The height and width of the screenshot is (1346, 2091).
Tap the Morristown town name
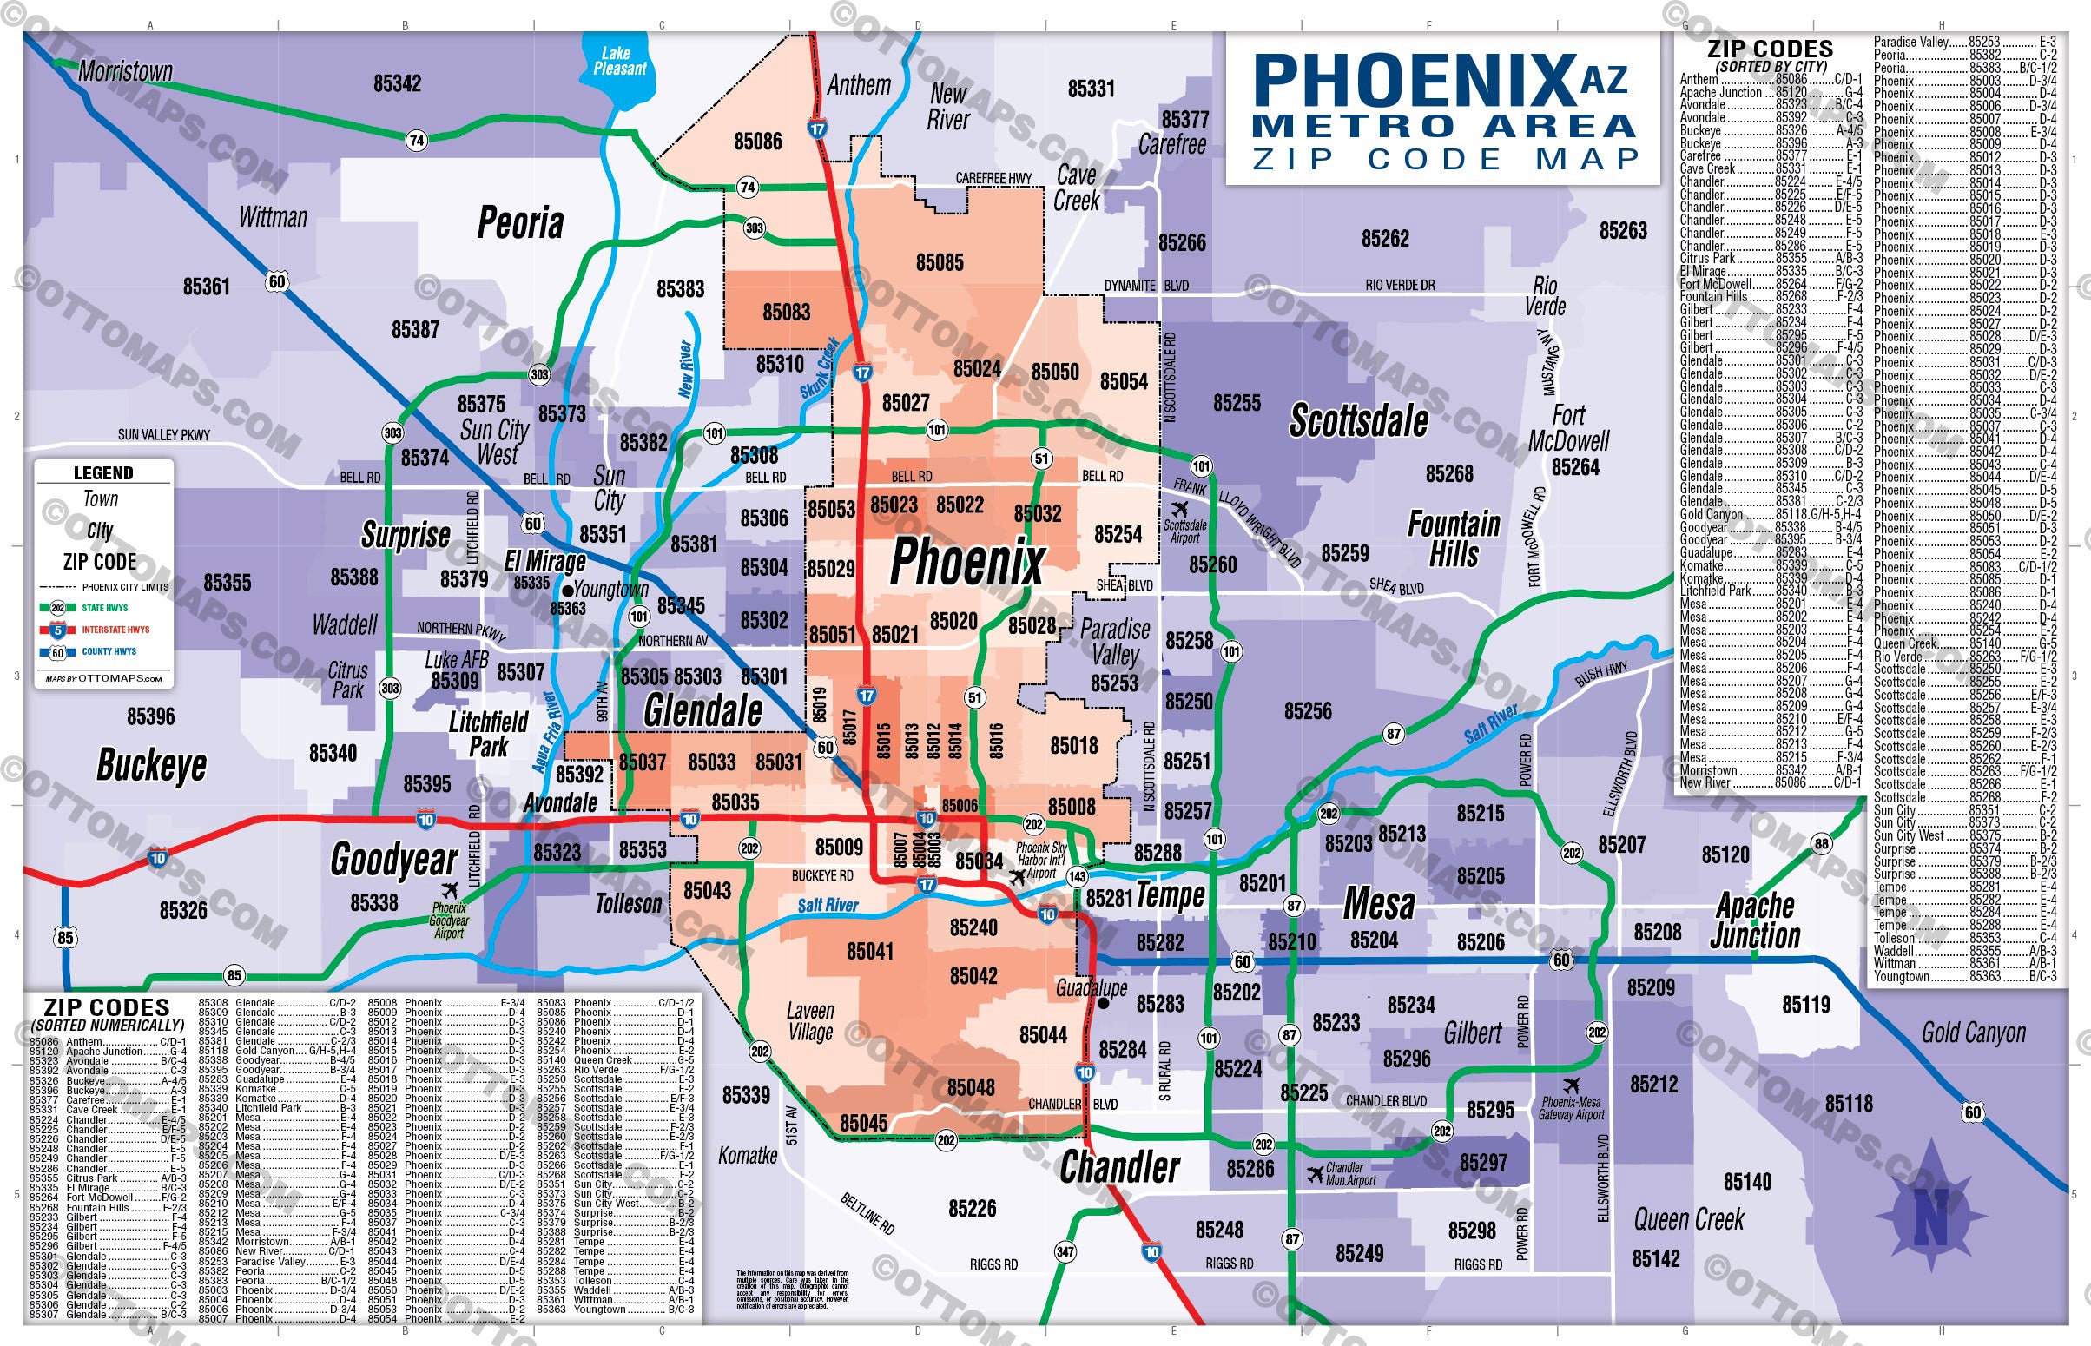(x=125, y=71)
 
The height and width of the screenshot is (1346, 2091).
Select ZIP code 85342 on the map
(x=398, y=84)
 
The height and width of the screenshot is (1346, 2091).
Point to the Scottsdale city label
(x=1359, y=421)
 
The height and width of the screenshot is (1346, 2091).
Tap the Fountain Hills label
(x=1453, y=538)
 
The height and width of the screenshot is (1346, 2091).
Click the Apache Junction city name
(x=1755, y=920)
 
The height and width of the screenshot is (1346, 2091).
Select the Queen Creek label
(x=1688, y=1219)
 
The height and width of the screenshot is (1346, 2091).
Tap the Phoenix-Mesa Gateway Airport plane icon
(x=1572, y=1085)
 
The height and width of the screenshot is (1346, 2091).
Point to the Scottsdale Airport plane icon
(x=1180, y=509)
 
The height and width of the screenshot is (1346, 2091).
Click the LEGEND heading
(x=103, y=473)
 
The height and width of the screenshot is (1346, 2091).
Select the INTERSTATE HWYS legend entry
(x=115, y=630)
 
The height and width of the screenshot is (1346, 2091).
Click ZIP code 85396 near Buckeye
(x=151, y=716)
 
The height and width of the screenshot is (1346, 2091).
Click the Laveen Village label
(x=810, y=1021)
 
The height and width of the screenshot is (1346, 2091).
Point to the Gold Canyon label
(x=1973, y=1033)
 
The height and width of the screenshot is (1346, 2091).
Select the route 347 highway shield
(x=1065, y=1251)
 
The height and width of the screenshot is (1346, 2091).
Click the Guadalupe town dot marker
(x=1103, y=1003)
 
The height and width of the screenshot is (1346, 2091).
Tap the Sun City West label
(x=495, y=441)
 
